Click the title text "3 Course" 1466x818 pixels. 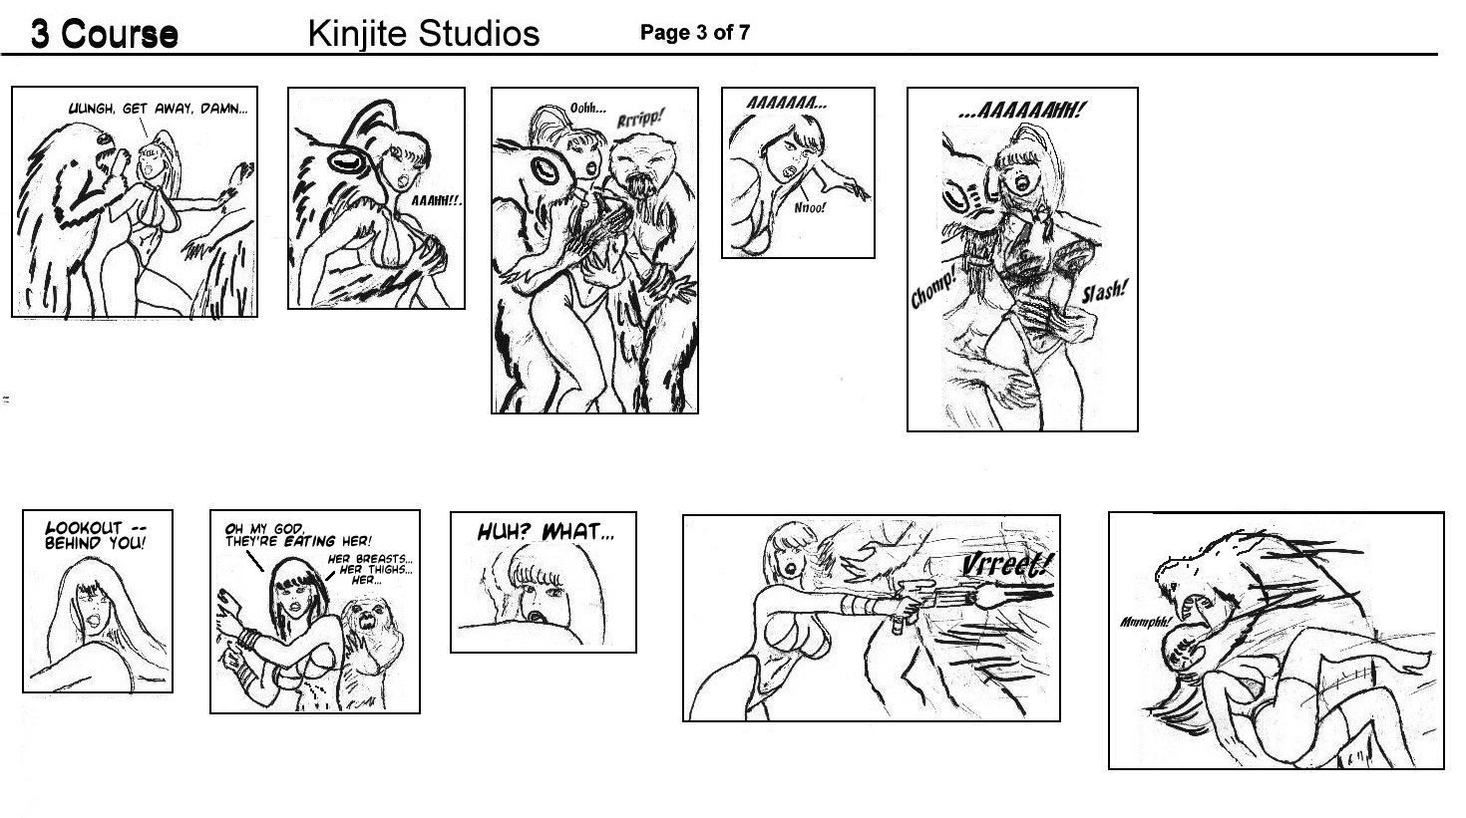click(105, 33)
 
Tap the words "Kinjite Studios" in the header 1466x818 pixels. click(424, 33)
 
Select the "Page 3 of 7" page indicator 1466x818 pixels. click(695, 32)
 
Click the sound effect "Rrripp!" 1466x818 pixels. click(640, 119)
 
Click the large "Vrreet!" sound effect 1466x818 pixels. click(1006, 564)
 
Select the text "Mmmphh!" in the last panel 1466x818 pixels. click(1145, 622)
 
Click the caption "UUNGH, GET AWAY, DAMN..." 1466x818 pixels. click(159, 109)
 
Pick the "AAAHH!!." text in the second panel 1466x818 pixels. click(437, 201)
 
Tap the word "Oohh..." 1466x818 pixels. click(587, 108)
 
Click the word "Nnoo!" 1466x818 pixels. click(810, 208)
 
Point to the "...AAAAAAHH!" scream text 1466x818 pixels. click(1021, 110)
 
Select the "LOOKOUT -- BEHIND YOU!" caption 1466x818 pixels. click(96, 535)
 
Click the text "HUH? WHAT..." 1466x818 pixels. click(546, 532)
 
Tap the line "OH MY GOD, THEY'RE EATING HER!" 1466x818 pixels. click(298, 535)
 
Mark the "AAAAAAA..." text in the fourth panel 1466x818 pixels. click(787, 104)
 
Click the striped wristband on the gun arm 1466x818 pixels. click(854, 606)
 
